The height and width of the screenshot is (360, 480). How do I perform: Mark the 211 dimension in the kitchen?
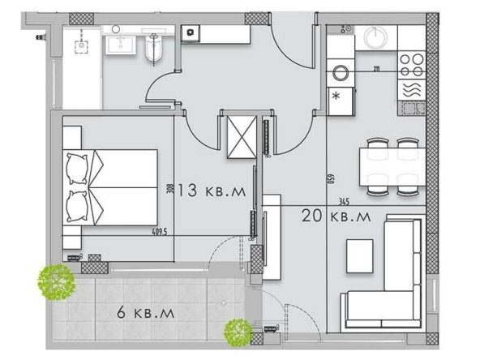[377, 69]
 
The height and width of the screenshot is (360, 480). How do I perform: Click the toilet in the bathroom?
[154, 49]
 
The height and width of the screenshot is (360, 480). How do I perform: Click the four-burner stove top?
[411, 62]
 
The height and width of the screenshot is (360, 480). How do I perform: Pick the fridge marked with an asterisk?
[337, 98]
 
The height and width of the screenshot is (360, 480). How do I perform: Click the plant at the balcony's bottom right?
[238, 330]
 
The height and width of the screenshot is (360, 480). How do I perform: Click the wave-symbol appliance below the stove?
[411, 88]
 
